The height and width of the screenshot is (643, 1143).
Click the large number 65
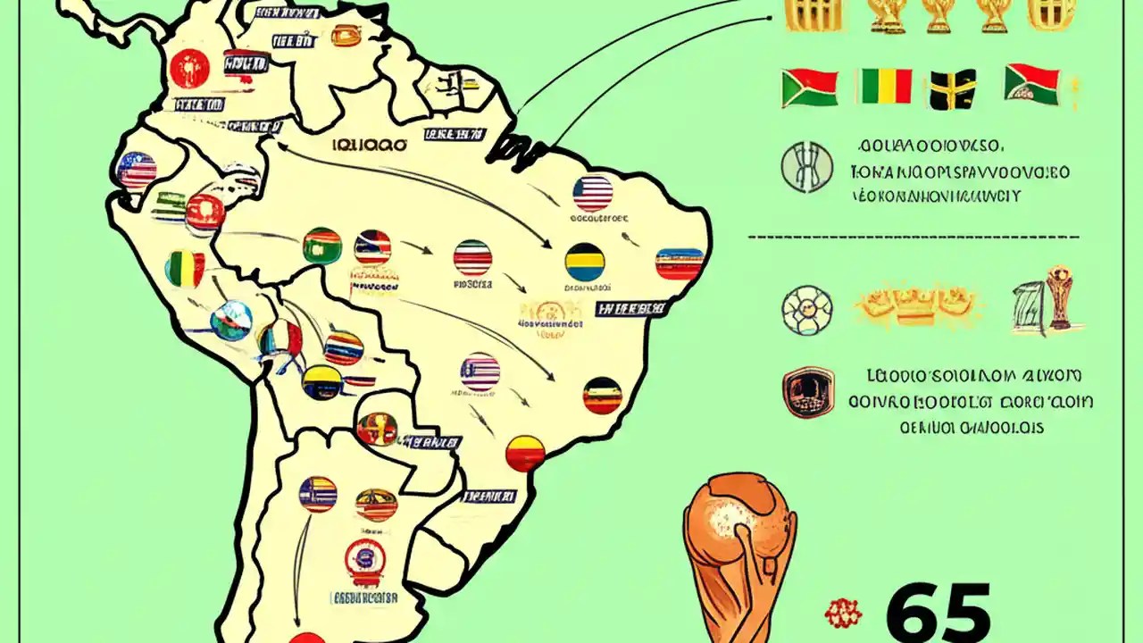(937, 613)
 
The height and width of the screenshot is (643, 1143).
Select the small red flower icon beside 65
(842, 613)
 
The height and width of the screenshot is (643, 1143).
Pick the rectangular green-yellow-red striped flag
(884, 87)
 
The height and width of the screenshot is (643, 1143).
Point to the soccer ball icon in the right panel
(806, 310)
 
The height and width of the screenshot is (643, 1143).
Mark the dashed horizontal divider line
(912, 238)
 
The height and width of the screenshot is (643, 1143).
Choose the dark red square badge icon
(807, 394)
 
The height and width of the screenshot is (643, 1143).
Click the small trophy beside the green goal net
(1059, 297)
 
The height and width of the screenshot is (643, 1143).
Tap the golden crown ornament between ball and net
(917, 306)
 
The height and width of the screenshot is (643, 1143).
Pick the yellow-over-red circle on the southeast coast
(525, 453)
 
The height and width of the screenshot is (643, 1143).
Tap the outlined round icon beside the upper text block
(806, 168)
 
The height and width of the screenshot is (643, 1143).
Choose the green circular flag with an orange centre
(322, 246)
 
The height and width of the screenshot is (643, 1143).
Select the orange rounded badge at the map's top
(346, 36)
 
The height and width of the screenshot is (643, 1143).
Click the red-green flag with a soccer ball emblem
(1031, 84)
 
